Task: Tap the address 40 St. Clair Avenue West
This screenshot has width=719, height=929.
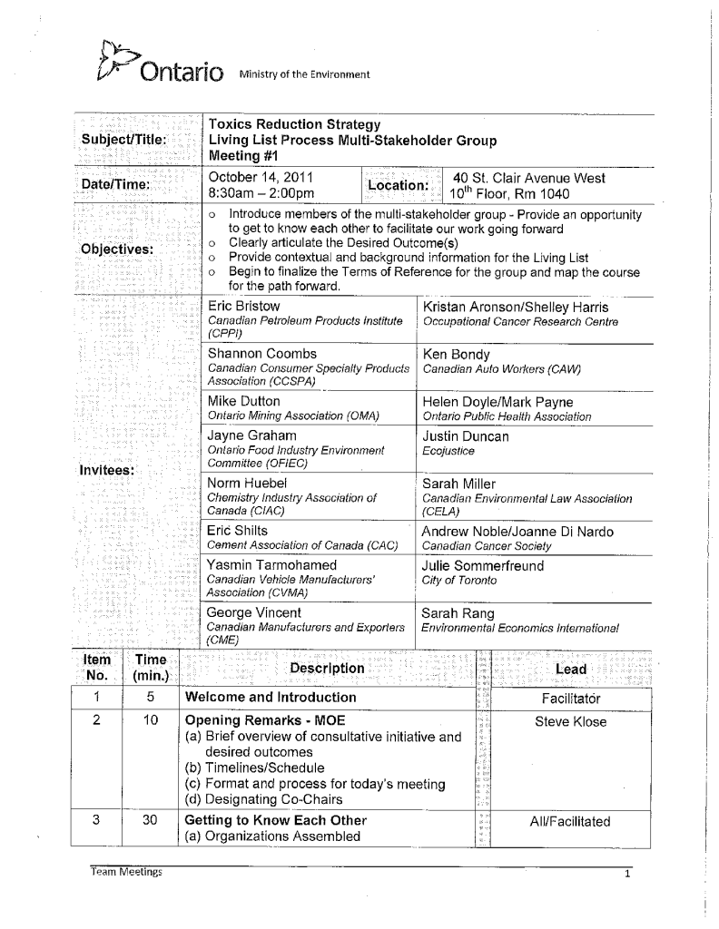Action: [x=529, y=178]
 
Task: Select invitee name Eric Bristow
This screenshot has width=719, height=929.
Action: [x=244, y=307]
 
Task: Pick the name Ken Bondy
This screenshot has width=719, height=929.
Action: [x=457, y=354]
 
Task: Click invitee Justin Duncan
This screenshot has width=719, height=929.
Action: [x=466, y=436]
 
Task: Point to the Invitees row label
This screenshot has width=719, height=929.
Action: [x=107, y=470]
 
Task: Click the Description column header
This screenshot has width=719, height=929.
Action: [x=327, y=669]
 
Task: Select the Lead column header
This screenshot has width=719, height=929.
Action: [x=570, y=670]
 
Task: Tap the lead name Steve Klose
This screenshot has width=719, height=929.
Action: [x=570, y=722]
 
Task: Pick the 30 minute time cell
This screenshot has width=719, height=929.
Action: [x=153, y=821]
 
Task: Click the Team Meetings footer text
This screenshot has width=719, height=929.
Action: [x=126, y=872]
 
